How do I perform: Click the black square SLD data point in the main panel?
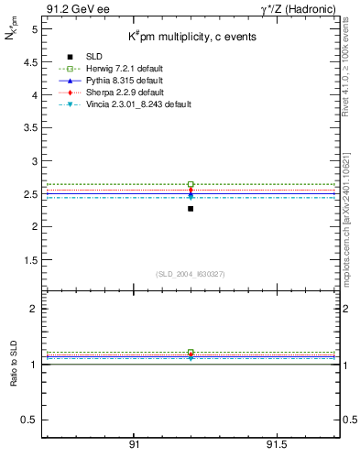point(191,209)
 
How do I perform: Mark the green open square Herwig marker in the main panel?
point(191,184)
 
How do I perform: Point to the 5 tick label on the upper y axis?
point(34,29)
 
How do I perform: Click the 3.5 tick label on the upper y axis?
point(30,127)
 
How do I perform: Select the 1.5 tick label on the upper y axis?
point(30,259)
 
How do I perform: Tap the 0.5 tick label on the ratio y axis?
point(30,420)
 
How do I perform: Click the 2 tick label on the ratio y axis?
point(34,309)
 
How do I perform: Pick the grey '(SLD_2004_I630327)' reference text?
point(190,274)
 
